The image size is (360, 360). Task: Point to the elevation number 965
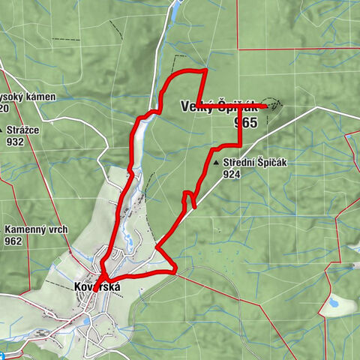(x=244, y=121)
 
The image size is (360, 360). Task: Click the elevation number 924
(x=232, y=174)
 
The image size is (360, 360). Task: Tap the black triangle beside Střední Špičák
(x=217, y=163)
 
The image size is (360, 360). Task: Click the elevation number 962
(x=13, y=241)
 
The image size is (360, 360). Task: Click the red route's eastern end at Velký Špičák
(x=267, y=106)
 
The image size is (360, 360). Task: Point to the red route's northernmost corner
(x=205, y=70)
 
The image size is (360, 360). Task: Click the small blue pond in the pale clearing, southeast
(x=331, y=304)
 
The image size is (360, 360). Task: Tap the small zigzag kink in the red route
(x=188, y=199)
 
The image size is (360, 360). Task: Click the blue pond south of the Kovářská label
(x=88, y=320)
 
